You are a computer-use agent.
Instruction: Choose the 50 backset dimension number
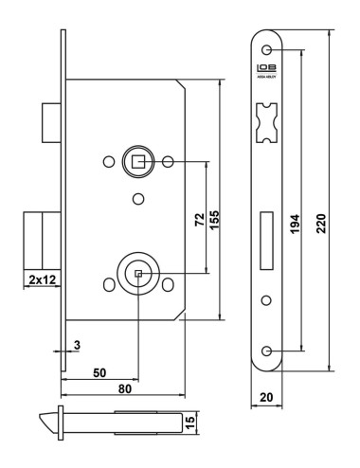99,372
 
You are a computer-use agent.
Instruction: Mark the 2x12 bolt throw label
40,279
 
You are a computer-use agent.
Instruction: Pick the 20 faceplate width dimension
268,398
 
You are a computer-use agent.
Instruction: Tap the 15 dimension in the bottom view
192,420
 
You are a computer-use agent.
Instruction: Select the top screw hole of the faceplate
268,49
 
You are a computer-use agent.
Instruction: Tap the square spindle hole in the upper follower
138,162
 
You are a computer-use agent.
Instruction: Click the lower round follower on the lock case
137,275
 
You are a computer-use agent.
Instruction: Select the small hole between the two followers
138,199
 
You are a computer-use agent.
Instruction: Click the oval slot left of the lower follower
106,285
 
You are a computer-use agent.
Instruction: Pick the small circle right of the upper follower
169,162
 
